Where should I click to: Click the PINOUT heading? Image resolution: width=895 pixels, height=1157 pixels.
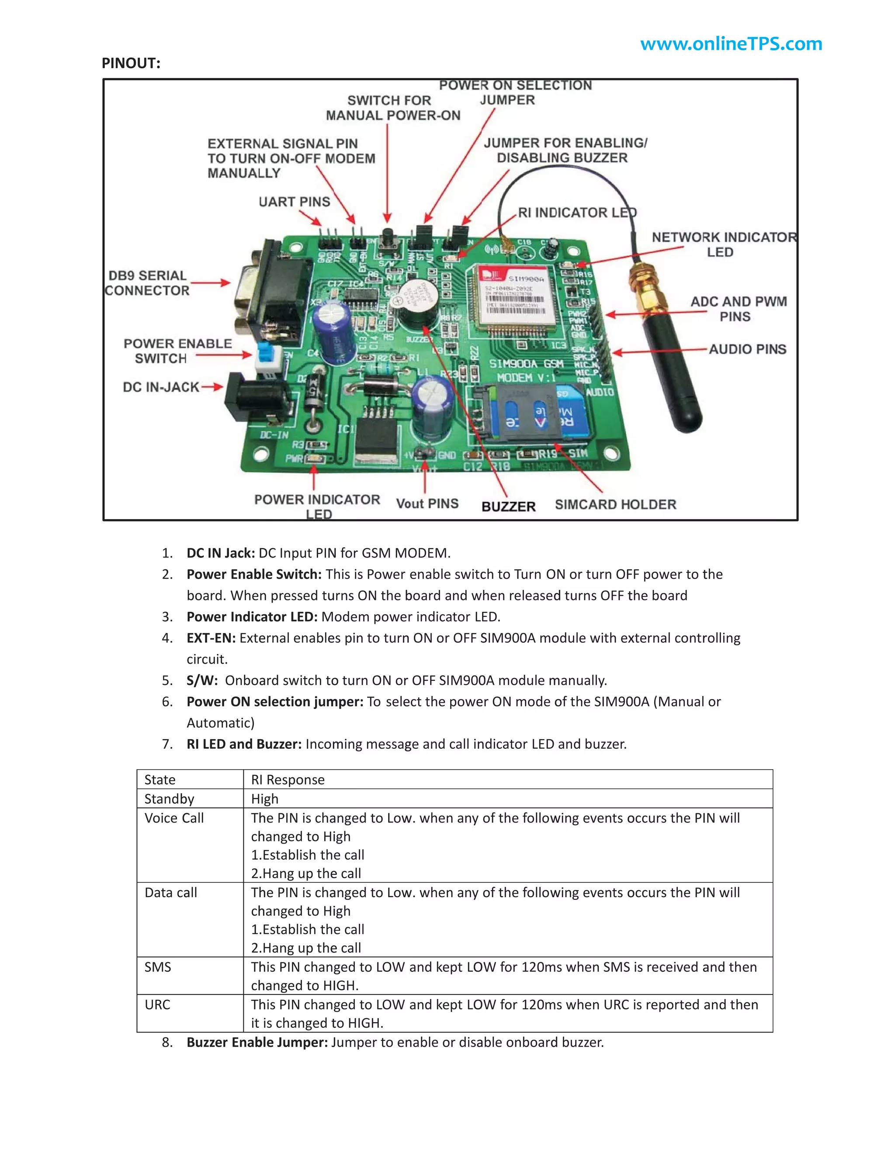click(x=131, y=63)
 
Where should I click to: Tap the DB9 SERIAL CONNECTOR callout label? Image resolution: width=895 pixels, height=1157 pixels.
click(x=147, y=283)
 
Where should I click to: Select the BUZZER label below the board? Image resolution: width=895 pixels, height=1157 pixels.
click(x=508, y=506)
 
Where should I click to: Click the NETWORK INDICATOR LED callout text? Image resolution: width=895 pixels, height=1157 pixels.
click(x=723, y=244)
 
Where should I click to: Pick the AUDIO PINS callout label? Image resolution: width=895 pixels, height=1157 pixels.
click(x=747, y=349)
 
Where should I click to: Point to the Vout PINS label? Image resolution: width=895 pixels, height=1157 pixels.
click(x=427, y=503)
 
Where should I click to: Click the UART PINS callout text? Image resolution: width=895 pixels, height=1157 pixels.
click(x=294, y=202)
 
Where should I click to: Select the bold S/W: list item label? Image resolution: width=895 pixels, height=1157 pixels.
click(x=202, y=680)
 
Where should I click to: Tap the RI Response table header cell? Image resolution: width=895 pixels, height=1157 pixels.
click(x=288, y=779)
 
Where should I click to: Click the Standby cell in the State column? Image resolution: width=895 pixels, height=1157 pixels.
click(x=169, y=799)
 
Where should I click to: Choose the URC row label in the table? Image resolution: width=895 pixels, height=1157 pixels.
click(x=157, y=1005)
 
